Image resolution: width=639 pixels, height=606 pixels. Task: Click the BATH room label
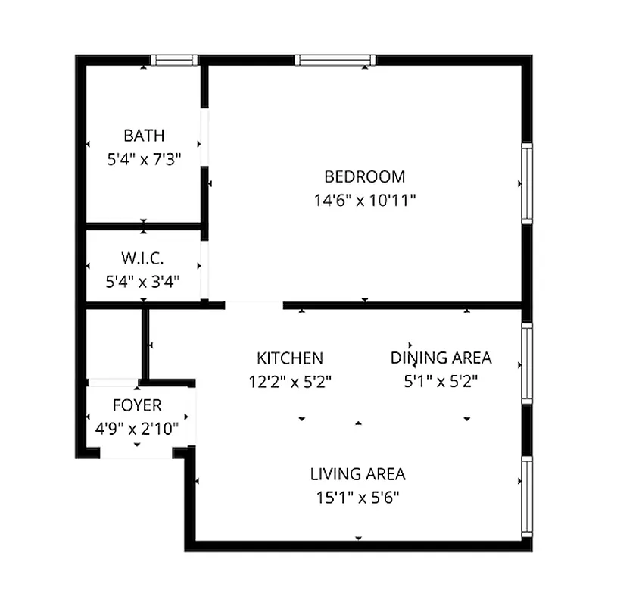[144, 136]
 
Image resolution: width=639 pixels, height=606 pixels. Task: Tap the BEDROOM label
[364, 176]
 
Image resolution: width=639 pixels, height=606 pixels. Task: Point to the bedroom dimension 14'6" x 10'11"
[365, 201]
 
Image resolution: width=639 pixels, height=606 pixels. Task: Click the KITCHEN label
[290, 358]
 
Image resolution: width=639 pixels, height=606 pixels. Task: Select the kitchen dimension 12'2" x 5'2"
[290, 381]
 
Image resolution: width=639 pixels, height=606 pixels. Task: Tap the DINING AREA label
[441, 358]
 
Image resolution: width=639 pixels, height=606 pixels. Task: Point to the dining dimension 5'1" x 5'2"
[441, 381]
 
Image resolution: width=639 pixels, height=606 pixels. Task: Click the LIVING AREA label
[357, 474]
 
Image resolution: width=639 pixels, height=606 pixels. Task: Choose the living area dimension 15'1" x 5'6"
[357, 498]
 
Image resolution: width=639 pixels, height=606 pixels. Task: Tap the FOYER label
[137, 405]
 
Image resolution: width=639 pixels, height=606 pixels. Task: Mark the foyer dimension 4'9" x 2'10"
[137, 429]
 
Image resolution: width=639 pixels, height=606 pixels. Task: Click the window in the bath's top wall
[173, 60]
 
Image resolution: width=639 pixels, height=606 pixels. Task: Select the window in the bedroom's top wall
[335, 60]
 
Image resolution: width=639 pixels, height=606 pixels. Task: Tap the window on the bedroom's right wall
[527, 183]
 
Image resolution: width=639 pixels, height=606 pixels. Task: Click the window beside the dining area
[527, 364]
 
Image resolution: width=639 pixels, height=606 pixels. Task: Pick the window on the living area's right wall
[527, 496]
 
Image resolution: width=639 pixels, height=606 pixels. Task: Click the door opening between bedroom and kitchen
[254, 305]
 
